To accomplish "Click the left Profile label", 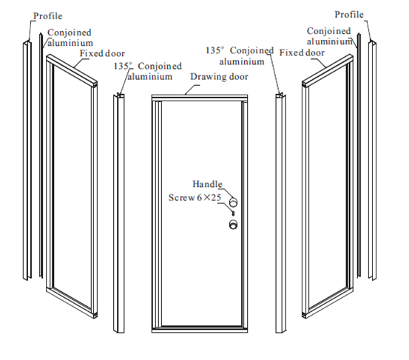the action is coord(48,16).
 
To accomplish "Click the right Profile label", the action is coord(349,15).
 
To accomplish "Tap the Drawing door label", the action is coord(219,77).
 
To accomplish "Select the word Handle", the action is coord(207,184).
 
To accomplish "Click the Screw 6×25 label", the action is coord(195,197).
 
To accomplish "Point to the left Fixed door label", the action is coord(102,53).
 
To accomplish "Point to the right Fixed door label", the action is coord(302,52).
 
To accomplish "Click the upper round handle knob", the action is coord(233,202).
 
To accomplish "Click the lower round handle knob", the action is coord(233,225).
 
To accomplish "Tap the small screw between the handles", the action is coord(233,213).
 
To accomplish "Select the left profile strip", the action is coord(27,160).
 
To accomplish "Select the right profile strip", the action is coord(372,160).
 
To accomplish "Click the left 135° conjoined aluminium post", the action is coord(118,213).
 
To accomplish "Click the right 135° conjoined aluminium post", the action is coord(280,213).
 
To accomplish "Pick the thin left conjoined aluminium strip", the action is coord(41,155).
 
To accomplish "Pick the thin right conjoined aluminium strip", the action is coord(359,154).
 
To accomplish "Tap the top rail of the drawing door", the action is coord(200,98).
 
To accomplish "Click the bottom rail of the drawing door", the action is coord(200,330).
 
